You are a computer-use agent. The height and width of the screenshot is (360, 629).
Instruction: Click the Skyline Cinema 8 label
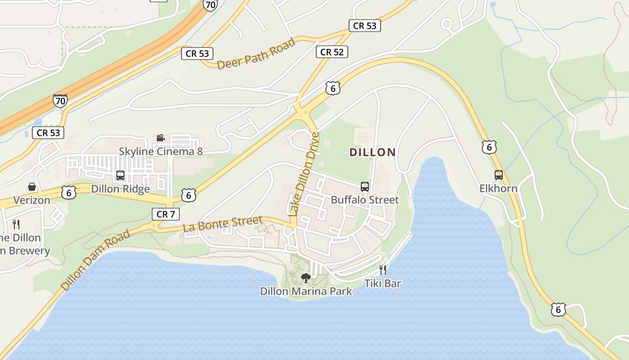160,151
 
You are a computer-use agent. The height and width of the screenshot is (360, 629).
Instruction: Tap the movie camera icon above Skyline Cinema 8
160,138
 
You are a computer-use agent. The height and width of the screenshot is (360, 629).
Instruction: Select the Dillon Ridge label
120,189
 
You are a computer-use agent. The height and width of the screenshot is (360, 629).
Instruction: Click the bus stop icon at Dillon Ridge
120,175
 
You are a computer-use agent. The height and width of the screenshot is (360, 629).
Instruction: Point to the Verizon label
31,200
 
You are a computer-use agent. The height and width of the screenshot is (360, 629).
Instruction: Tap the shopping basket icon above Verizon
32,186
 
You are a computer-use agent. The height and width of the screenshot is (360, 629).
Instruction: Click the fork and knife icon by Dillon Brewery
16,224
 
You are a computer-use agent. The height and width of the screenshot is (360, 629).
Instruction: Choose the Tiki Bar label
382,283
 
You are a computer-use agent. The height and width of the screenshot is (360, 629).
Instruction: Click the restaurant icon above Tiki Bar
382,270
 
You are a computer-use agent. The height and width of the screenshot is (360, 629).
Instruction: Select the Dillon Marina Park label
306,291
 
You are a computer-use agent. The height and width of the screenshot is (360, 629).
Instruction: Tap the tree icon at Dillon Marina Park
306,278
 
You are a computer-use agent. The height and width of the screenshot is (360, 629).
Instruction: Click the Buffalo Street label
364,200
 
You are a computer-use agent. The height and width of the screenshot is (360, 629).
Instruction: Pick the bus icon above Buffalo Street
364,186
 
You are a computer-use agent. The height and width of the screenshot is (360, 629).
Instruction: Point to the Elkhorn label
498,188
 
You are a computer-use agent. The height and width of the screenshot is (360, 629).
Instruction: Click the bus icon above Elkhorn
498,175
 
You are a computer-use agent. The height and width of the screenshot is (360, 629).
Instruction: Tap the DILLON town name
372,152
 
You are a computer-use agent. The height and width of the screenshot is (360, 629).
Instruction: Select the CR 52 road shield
332,52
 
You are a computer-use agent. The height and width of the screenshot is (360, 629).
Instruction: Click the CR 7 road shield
166,214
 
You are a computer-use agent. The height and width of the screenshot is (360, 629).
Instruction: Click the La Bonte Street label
223,224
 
